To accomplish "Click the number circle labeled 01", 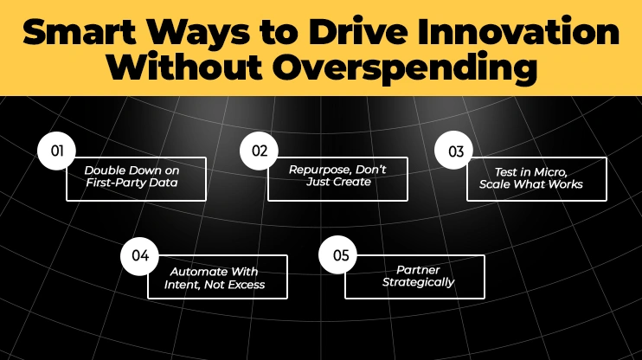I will point(58,151).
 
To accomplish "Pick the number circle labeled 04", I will point(141,256).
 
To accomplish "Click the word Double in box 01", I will point(103,171).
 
